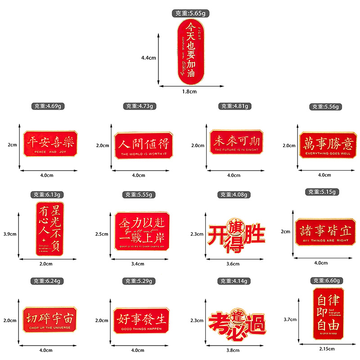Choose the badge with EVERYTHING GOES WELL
point(327,144)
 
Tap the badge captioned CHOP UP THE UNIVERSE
point(49,319)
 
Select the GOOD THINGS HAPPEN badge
point(141,319)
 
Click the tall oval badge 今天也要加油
point(189,52)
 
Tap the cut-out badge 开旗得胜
point(237,232)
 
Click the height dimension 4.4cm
point(148,58)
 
